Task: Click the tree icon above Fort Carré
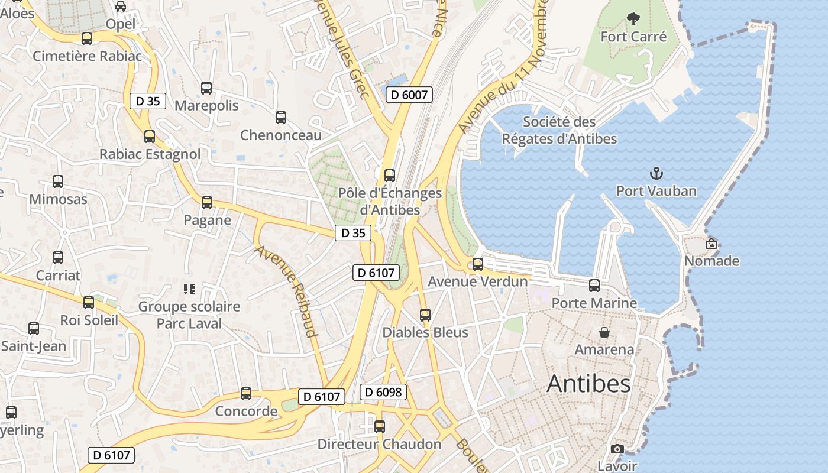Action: coord(633,19)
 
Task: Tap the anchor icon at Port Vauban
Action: coord(656,173)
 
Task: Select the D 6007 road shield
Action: coord(409,94)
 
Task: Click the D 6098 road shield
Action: coord(383,391)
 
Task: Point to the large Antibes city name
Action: coord(588,384)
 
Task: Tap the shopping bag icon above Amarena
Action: coord(604,332)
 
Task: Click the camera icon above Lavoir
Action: coord(617,449)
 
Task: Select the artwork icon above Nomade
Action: coord(711,243)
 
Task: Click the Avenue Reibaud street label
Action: coord(286,290)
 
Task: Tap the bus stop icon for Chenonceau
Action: coord(281,118)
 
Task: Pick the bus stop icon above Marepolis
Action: coord(206,88)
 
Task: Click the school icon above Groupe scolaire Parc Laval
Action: coord(189,289)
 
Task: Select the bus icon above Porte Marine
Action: coord(594,286)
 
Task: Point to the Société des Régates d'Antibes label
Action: coord(559,130)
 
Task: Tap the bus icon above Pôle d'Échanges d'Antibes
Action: coord(389,176)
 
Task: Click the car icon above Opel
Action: coord(121,7)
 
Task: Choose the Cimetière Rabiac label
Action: coord(88,56)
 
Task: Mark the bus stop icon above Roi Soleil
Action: coord(89,303)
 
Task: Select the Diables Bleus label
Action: coord(425,332)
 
